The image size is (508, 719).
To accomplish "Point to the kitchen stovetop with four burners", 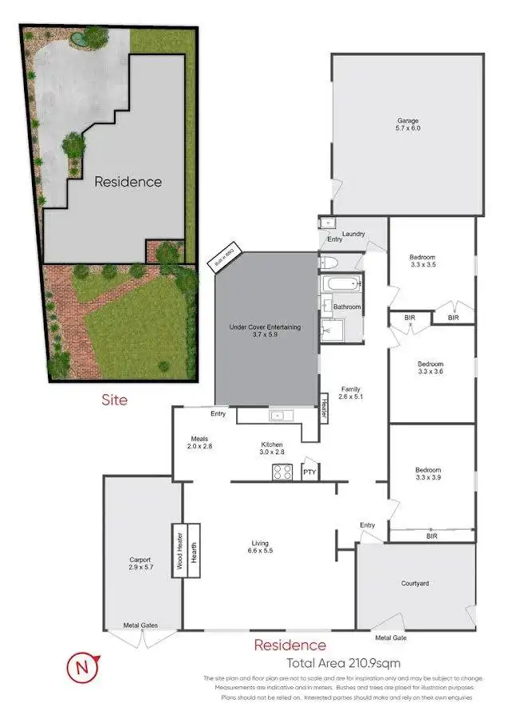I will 283,472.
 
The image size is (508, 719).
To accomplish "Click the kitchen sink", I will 278,415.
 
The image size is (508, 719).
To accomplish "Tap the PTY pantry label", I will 309,472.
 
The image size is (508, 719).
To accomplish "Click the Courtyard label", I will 415,583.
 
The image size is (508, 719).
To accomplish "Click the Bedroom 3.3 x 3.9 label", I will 427,474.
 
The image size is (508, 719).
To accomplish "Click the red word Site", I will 113,399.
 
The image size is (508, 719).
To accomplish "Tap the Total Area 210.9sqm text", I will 343,662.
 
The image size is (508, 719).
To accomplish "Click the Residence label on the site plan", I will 128,181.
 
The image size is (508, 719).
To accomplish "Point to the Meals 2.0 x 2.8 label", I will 199,442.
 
